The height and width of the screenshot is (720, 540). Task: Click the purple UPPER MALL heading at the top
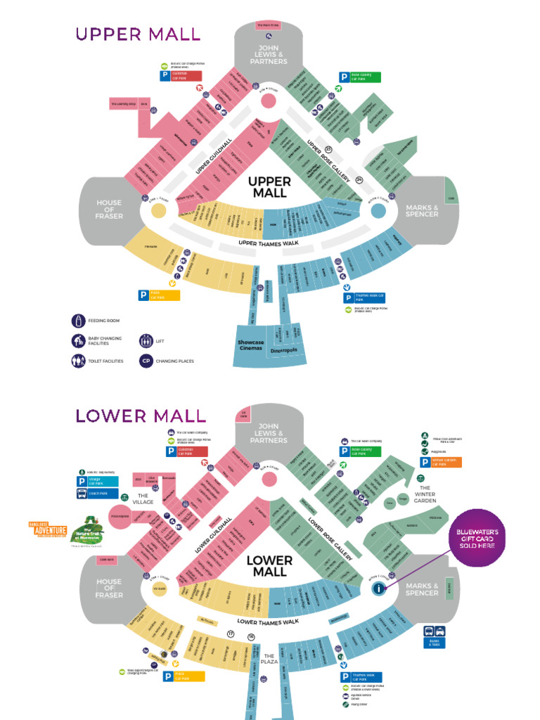(138, 34)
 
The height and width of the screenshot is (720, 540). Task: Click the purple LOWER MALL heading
(141, 415)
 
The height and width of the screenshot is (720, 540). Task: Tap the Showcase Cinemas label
(250, 346)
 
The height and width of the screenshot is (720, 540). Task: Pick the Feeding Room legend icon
(77, 321)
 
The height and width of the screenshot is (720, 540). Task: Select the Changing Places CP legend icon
(146, 361)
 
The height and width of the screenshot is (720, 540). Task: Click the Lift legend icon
(146, 341)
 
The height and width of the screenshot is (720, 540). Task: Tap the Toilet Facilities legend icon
(77, 361)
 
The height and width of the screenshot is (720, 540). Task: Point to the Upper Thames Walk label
(268, 243)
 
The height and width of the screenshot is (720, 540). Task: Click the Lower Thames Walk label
(268, 622)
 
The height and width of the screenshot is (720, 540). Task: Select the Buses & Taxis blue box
(433, 636)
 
